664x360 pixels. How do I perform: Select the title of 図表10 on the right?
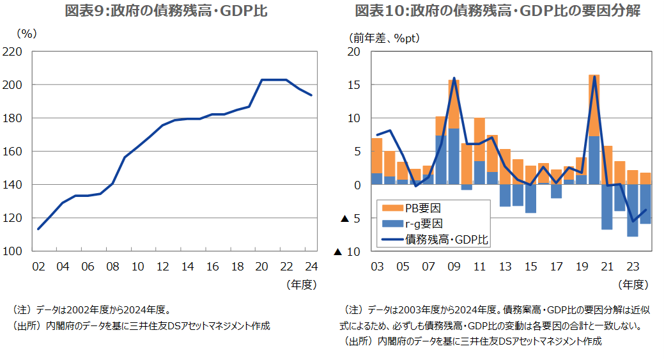click(x=497, y=11)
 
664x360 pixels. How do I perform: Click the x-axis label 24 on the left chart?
click(x=311, y=266)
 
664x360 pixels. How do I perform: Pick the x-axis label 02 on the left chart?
click(x=38, y=266)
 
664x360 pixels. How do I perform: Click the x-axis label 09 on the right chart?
click(x=454, y=266)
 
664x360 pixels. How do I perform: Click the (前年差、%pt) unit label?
click(x=383, y=38)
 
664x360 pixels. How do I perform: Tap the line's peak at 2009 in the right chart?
click(x=454, y=78)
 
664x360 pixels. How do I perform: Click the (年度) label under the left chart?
click(x=301, y=283)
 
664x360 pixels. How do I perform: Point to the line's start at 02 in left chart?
click(x=38, y=228)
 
